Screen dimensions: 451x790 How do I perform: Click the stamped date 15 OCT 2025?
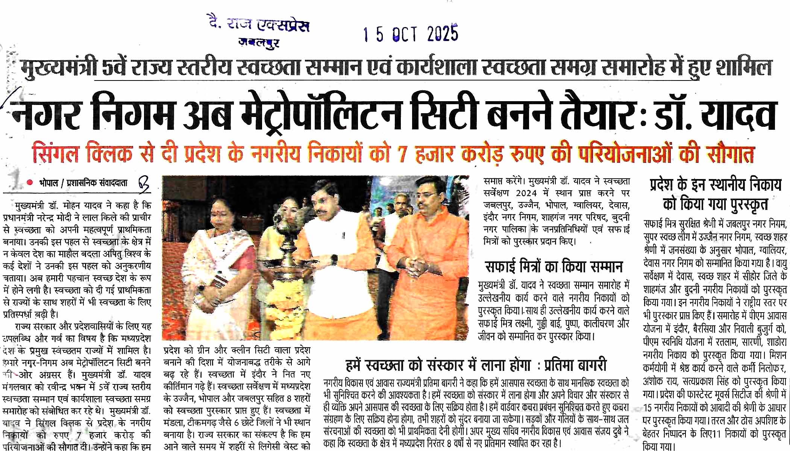(411, 34)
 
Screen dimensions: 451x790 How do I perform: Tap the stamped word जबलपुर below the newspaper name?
(259, 43)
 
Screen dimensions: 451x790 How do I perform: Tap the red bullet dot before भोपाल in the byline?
(30, 183)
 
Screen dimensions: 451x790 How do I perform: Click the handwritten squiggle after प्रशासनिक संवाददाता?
(143, 184)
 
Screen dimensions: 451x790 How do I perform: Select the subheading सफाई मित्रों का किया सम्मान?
(554, 266)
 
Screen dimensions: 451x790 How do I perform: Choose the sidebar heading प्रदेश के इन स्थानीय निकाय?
(716, 185)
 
